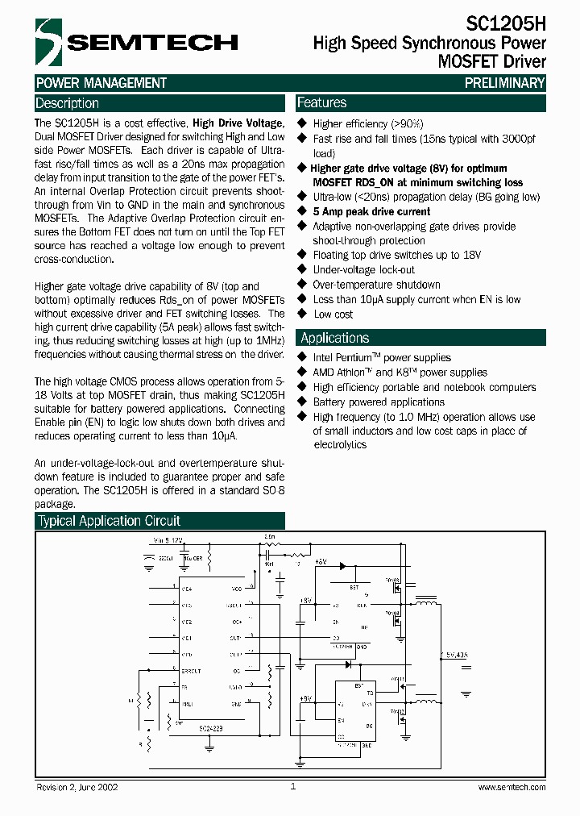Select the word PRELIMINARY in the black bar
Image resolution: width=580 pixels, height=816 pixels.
505,83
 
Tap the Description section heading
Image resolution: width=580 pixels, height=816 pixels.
68,103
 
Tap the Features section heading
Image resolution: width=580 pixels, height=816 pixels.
322,102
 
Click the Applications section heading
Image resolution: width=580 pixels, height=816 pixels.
334,338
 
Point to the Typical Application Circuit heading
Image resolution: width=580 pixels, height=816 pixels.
110,521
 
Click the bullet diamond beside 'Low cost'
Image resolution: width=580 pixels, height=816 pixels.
303,314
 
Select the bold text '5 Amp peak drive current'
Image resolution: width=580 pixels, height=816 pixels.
371,212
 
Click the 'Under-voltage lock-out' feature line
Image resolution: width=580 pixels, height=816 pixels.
363,270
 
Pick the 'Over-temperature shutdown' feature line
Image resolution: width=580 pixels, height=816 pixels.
376,285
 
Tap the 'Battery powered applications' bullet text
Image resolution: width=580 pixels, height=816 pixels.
379,402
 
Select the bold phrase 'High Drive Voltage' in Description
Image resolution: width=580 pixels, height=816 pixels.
238,123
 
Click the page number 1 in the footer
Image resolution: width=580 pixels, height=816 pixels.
292,786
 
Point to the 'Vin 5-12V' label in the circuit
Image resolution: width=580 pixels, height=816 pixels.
168,539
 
